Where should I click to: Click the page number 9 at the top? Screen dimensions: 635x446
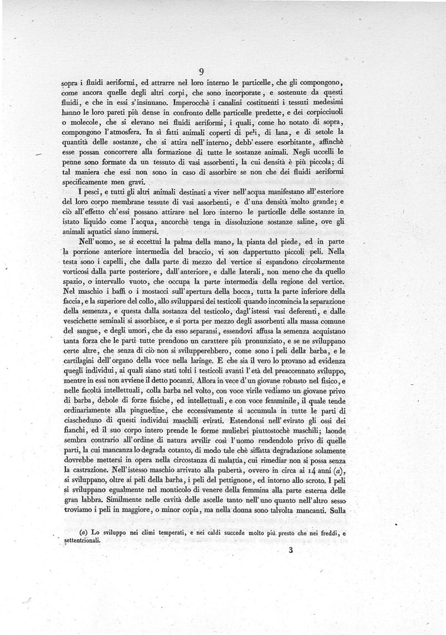point(201,71)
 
